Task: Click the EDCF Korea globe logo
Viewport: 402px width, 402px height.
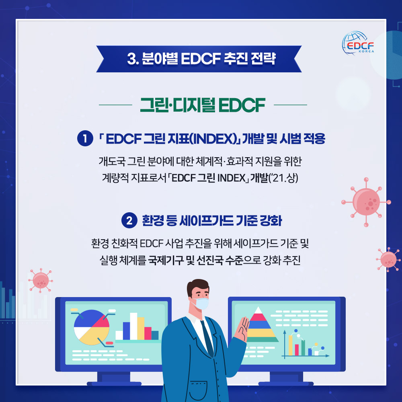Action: (x=358, y=43)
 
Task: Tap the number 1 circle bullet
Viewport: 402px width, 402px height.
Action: (x=85, y=138)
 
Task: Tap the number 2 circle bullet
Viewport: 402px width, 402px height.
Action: (x=129, y=220)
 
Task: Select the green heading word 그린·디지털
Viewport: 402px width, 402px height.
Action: (x=177, y=105)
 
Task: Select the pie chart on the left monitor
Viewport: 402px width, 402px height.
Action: (x=92, y=327)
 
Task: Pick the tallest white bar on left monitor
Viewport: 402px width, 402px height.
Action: (x=133, y=326)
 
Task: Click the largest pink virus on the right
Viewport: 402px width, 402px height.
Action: (x=366, y=202)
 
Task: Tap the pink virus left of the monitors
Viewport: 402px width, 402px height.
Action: (x=41, y=281)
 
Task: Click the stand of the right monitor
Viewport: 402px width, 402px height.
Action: (x=286, y=379)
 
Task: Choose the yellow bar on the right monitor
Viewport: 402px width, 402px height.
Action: (x=291, y=345)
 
